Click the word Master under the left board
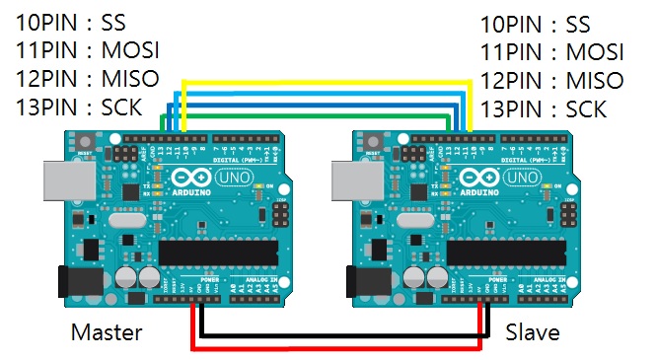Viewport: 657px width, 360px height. point(106,332)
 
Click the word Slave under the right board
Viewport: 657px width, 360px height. point(533,332)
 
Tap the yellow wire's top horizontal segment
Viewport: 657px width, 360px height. point(326,83)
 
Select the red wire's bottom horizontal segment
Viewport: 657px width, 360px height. point(335,347)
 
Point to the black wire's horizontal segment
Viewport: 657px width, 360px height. point(341,335)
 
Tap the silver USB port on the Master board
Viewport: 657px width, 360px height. point(70,181)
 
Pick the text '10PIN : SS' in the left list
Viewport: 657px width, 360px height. point(70,23)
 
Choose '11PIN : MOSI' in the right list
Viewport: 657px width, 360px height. point(552,51)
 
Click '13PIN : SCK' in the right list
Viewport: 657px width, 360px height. point(544,108)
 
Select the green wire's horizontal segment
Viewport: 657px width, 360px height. point(316,113)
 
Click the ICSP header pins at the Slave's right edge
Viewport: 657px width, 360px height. point(570,215)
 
